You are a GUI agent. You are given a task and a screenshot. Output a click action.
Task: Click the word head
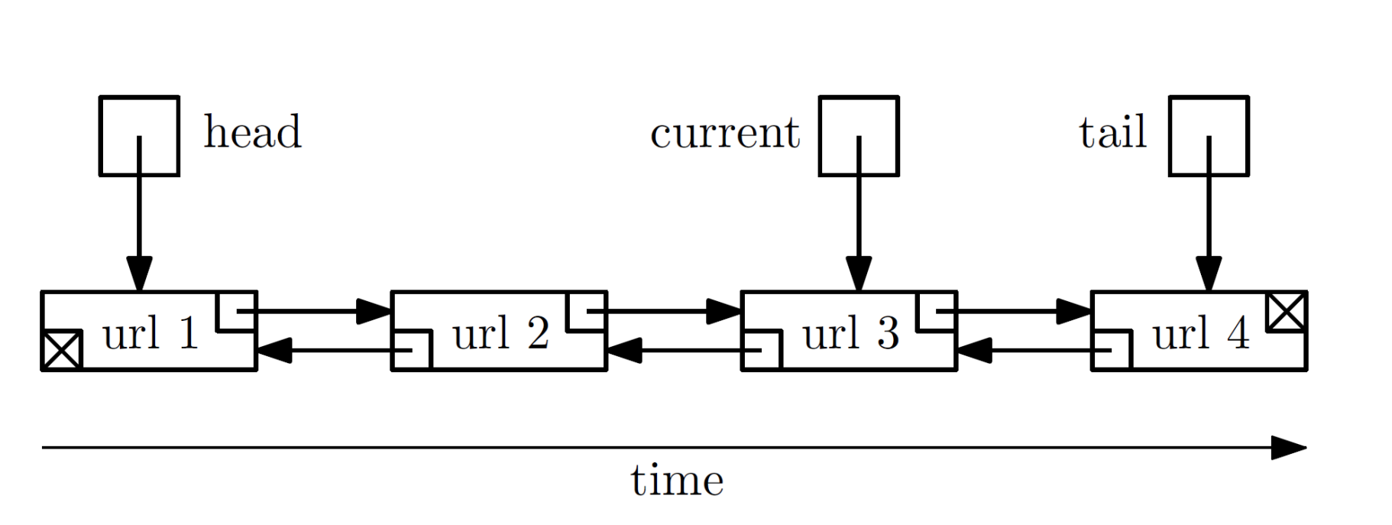point(252,132)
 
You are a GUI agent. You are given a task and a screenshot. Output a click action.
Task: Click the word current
point(724,133)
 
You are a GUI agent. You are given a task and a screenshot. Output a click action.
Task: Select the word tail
point(1112,132)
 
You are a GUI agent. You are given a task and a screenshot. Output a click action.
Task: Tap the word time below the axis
point(677,481)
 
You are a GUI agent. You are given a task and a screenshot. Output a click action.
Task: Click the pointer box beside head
point(139,135)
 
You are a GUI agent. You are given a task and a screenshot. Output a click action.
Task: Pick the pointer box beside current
point(859,135)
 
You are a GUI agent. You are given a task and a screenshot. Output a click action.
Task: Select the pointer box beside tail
point(1209,135)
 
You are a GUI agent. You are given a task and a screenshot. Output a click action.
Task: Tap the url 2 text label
point(500,333)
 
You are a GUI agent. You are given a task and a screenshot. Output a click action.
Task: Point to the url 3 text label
point(850,333)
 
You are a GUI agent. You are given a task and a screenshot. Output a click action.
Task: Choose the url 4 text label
point(1201,333)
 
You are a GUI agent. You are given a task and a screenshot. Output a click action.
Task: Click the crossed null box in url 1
point(62,351)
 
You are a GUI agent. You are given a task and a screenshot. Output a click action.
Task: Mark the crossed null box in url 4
point(1287,312)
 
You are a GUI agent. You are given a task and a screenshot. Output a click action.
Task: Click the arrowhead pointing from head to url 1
point(139,275)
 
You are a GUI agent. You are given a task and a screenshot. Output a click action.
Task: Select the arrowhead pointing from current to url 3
point(859,275)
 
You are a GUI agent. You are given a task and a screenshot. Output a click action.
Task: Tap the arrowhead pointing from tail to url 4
point(1209,275)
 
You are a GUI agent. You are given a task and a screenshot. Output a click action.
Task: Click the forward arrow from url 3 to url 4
point(1024,311)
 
